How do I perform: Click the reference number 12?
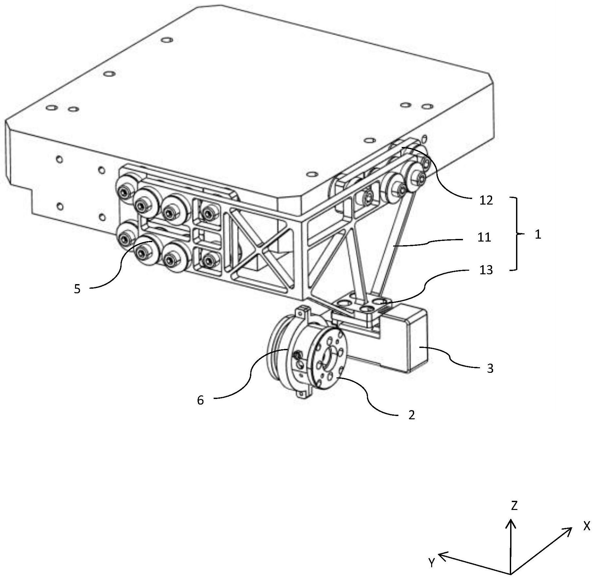[x=486, y=200]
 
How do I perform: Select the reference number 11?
[x=484, y=237]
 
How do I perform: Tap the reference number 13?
[x=486, y=270]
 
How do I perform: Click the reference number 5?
[x=77, y=289]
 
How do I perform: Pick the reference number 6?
[x=200, y=400]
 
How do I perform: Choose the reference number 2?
[x=412, y=415]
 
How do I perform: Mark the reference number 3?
[x=490, y=369]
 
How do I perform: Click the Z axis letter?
[x=514, y=506]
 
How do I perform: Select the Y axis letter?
[x=432, y=563]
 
